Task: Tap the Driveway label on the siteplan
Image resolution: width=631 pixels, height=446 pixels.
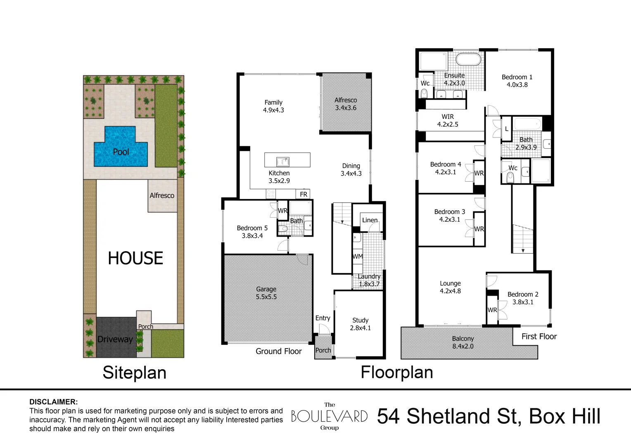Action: point(115,339)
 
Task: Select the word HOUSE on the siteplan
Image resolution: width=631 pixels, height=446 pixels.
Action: point(135,258)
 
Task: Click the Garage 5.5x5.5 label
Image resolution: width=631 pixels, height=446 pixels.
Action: point(266,293)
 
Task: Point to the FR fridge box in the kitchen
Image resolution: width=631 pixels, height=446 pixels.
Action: point(304,194)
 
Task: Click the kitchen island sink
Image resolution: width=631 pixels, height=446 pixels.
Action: point(283,161)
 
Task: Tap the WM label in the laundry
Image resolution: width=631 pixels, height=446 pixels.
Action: point(358,256)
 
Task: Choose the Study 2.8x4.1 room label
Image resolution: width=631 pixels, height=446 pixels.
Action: point(360,324)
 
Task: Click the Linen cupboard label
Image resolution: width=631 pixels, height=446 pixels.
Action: point(370,220)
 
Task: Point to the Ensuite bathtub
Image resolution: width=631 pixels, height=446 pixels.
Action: point(468,60)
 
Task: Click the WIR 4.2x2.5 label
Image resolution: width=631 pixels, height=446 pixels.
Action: point(448,120)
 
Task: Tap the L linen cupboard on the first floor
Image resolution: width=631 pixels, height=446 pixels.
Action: point(507,129)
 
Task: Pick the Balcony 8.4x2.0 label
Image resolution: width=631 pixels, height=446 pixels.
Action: point(463,342)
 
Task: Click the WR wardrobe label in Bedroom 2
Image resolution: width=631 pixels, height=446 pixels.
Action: point(492,310)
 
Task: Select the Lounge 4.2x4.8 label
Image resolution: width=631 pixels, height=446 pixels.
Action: point(450,287)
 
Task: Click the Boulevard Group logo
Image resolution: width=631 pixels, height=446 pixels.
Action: point(329,416)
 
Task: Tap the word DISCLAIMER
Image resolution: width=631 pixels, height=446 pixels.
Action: point(53,401)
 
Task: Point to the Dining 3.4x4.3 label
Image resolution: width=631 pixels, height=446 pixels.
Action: point(351,169)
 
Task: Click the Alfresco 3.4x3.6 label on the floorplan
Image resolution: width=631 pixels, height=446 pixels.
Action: point(346,104)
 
